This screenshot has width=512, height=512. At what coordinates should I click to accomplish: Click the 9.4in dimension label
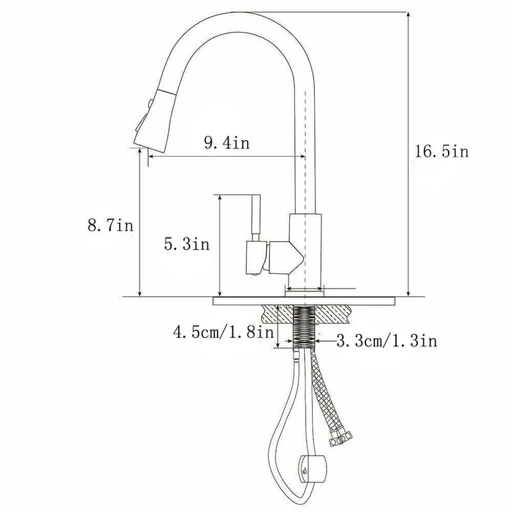227,143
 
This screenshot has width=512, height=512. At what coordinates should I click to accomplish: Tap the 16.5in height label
442,152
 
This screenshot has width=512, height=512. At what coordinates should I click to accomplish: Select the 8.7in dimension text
110,225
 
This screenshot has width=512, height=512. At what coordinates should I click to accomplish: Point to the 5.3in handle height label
186,244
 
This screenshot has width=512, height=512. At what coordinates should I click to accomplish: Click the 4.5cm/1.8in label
223,332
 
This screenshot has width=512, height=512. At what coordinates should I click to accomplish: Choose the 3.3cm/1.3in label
387,341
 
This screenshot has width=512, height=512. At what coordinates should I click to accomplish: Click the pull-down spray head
154,120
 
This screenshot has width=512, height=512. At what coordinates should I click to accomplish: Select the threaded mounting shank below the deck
305,326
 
